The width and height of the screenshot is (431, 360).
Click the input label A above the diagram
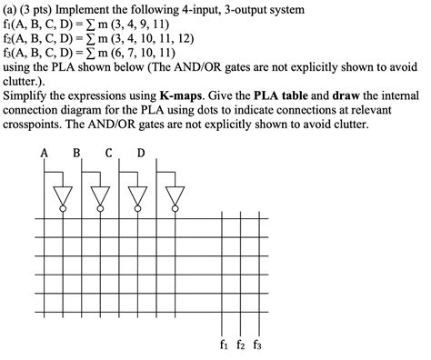pyautogui.click(x=44, y=153)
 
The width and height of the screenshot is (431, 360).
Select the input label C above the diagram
pyautogui.click(x=108, y=153)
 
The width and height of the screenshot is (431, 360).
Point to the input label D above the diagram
pyautogui.click(x=140, y=153)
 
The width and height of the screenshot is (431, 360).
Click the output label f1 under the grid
pyautogui.click(x=224, y=345)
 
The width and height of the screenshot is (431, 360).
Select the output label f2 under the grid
pyautogui.click(x=241, y=345)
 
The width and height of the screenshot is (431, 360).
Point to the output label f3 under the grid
pyautogui.click(x=258, y=345)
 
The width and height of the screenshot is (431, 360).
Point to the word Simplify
pyautogui.click(x=32, y=95)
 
